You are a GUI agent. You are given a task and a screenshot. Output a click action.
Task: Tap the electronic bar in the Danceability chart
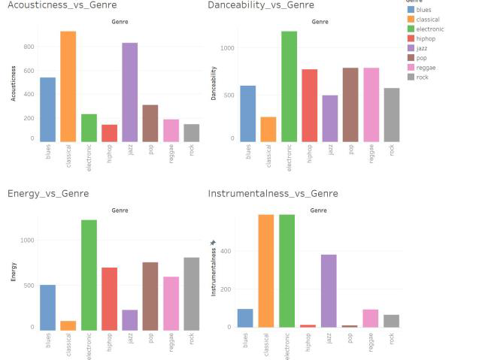click(289, 86)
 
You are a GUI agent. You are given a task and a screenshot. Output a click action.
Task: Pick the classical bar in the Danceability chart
click(268, 129)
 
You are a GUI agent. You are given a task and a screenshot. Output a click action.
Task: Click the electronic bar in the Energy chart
click(89, 275)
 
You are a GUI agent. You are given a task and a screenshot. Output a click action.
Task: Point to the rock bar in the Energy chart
click(192, 294)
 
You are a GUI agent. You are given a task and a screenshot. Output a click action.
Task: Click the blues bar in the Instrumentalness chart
click(245, 318)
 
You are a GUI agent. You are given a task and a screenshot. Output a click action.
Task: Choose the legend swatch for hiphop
click(411, 38)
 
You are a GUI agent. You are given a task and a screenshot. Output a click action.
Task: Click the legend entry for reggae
click(426, 68)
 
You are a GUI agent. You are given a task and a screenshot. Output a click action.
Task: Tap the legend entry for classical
click(427, 20)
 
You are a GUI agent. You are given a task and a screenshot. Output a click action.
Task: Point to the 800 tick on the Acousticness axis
click(29, 47)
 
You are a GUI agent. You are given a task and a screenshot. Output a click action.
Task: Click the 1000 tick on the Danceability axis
click(228, 48)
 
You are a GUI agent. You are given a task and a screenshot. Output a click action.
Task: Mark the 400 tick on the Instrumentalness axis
click(226, 251)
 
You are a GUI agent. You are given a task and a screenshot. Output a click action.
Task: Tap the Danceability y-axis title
click(214, 83)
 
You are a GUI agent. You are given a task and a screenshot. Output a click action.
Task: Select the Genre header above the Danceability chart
click(319, 22)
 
